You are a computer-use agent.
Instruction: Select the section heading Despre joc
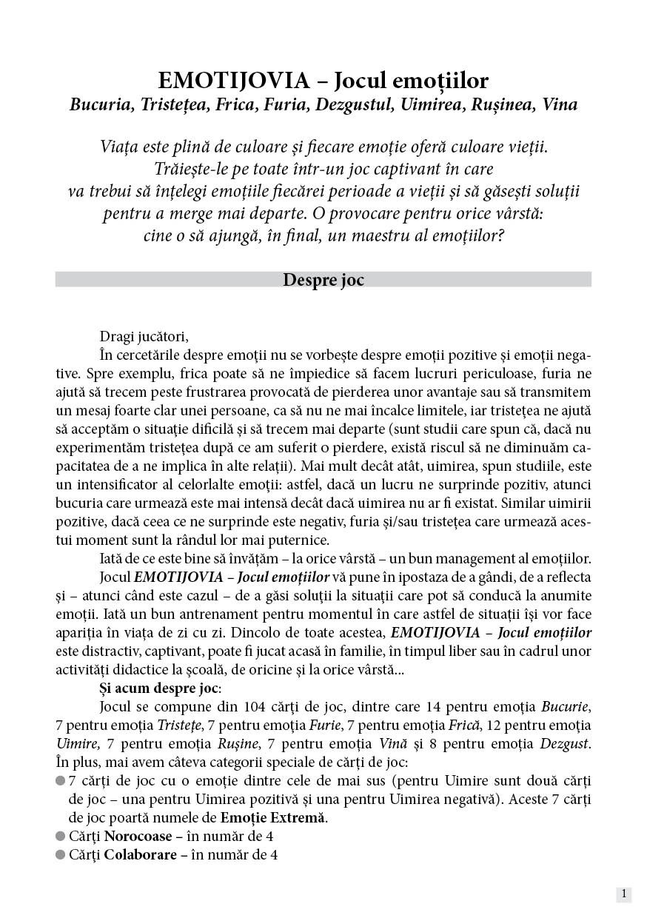(323, 280)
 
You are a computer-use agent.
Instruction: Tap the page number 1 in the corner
(624, 894)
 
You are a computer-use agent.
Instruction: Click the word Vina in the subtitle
(560, 105)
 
